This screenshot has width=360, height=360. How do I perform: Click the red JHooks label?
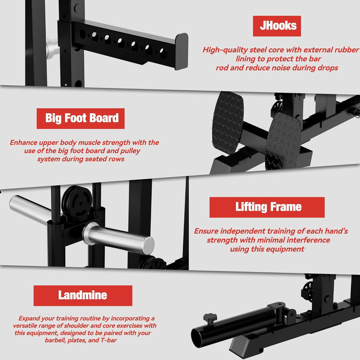(276, 26)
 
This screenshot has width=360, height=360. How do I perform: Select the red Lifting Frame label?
(267, 207)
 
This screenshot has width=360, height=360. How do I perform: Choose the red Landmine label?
(83, 296)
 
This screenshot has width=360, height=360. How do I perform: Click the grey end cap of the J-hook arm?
(181, 51)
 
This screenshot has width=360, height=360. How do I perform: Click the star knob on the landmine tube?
(210, 318)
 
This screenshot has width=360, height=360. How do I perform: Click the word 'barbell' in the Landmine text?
(57, 340)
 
